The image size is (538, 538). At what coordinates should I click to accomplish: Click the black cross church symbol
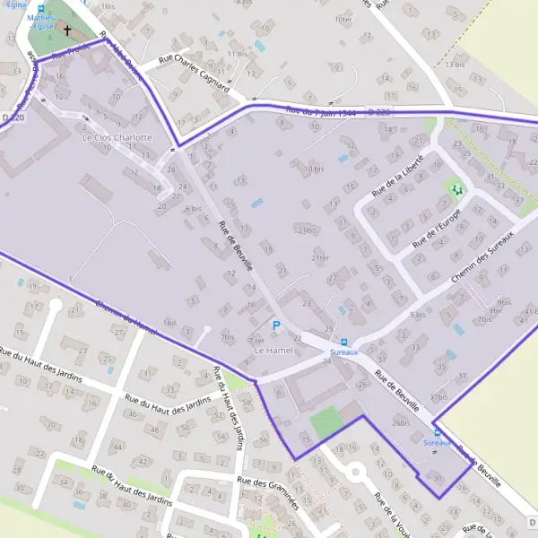pos(66,30)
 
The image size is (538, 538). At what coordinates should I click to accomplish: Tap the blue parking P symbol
pos(276,325)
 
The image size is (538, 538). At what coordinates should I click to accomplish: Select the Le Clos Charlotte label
pos(117,137)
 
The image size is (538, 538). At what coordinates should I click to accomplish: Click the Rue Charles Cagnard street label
pos(194,75)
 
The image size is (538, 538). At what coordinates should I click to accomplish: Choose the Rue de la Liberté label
pos(398,177)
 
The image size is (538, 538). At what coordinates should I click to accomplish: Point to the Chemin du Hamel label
pos(125,317)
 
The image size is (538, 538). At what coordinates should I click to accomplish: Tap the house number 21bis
pos(308,230)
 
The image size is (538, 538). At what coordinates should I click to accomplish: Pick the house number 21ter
pos(320,258)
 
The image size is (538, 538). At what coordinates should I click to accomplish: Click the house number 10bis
pos(313,168)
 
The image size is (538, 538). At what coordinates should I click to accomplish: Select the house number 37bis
pos(438,396)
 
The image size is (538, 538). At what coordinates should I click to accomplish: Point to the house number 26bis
pos(400,422)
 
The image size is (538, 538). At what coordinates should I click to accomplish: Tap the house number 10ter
pos(342,19)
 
